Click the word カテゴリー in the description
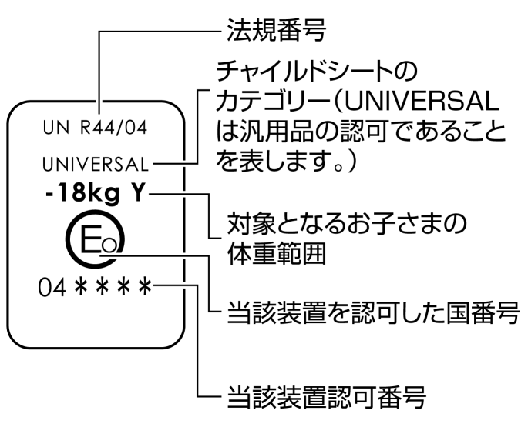click(x=260, y=103)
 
